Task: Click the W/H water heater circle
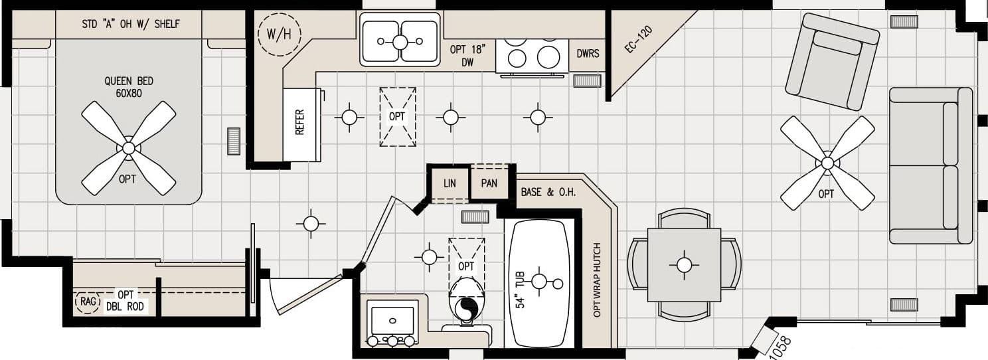pos(279,34)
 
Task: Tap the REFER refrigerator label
pos(299,123)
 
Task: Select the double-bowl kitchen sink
pos(400,41)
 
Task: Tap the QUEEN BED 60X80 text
pos(128,87)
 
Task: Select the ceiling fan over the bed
pos(128,147)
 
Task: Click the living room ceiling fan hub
pos(827,163)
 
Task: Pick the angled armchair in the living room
pos(831,62)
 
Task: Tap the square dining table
pos(684,264)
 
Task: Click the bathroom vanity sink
pos(392,321)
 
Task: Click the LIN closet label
pos(450,183)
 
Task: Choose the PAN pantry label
pos(489,183)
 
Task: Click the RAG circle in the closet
pos(87,302)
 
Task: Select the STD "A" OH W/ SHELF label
pos(130,25)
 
